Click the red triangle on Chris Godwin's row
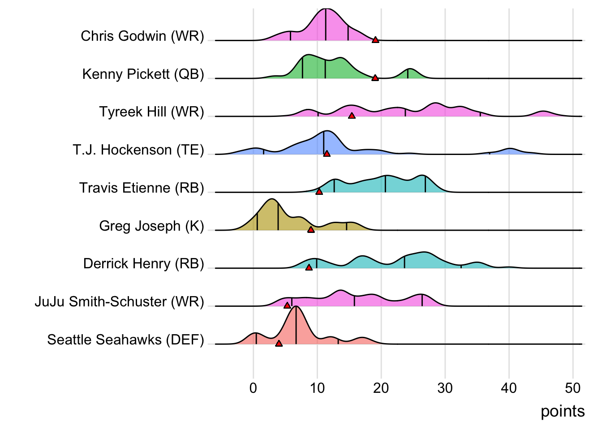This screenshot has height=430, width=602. pyautogui.click(x=375, y=40)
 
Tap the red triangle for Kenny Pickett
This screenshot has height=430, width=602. pyautogui.click(x=375, y=78)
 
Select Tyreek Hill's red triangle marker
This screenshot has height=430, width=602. pyautogui.click(x=352, y=116)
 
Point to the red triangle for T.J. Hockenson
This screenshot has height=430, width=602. pyautogui.click(x=327, y=154)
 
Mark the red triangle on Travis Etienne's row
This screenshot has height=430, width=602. pyautogui.click(x=319, y=192)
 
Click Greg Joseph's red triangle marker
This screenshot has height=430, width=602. pyautogui.click(x=311, y=230)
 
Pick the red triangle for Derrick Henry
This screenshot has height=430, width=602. pyautogui.click(x=309, y=267)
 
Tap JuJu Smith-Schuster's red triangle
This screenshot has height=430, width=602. pyautogui.click(x=287, y=305)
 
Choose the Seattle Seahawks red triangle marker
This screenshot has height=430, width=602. pyautogui.click(x=279, y=344)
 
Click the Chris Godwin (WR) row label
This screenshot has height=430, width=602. pyautogui.click(x=142, y=36)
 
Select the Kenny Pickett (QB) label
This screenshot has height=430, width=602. pyautogui.click(x=143, y=74)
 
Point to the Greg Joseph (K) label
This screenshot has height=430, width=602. pyautogui.click(x=151, y=226)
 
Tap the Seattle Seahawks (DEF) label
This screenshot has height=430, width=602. pyautogui.click(x=125, y=340)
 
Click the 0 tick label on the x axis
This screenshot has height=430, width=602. pyautogui.click(x=254, y=388)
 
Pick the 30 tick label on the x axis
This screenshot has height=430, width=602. pyautogui.click(x=445, y=388)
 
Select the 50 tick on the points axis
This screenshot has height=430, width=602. pyautogui.click(x=572, y=388)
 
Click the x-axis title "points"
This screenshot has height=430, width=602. pyautogui.click(x=563, y=411)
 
